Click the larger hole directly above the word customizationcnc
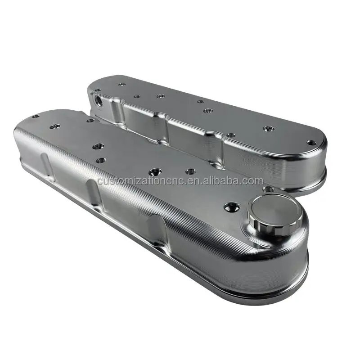pos(155,171)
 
